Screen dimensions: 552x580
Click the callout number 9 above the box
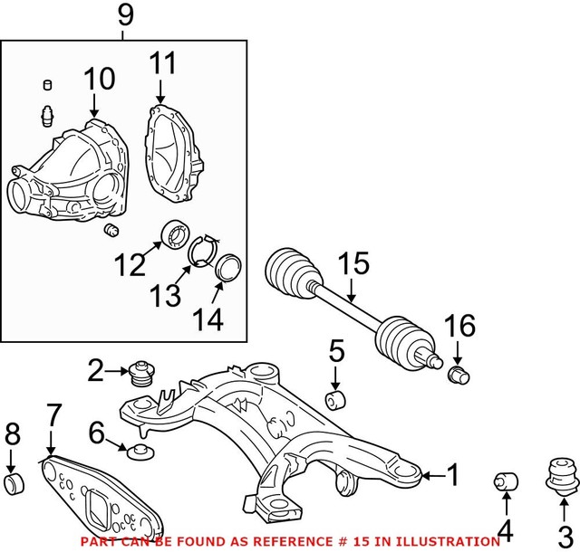pos(125,15)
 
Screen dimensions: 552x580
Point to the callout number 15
pos(353,264)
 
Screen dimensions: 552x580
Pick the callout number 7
pos(53,416)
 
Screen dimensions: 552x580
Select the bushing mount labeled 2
pos(139,373)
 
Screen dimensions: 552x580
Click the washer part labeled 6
pos(140,450)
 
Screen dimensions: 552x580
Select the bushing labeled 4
pos(504,481)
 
